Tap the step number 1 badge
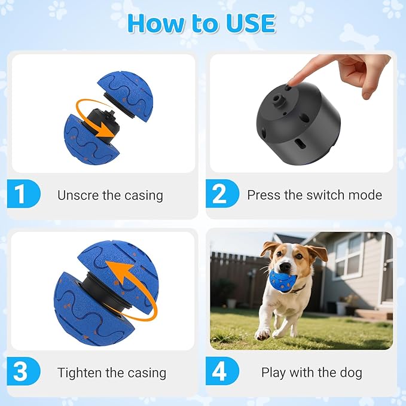pyautogui.click(x=22, y=195)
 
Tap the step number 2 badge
pyautogui.click(x=220, y=195)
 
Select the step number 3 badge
pyautogui.click(x=22, y=372)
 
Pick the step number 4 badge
pyautogui.click(x=220, y=372)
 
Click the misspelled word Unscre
pyautogui.click(x=77, y=195)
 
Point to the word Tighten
pyautogui.click(x=80, y=373)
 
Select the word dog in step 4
pyautogui.click(x=351, y=373)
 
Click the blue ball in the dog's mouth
pyautogui.click(x=280, y=279)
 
